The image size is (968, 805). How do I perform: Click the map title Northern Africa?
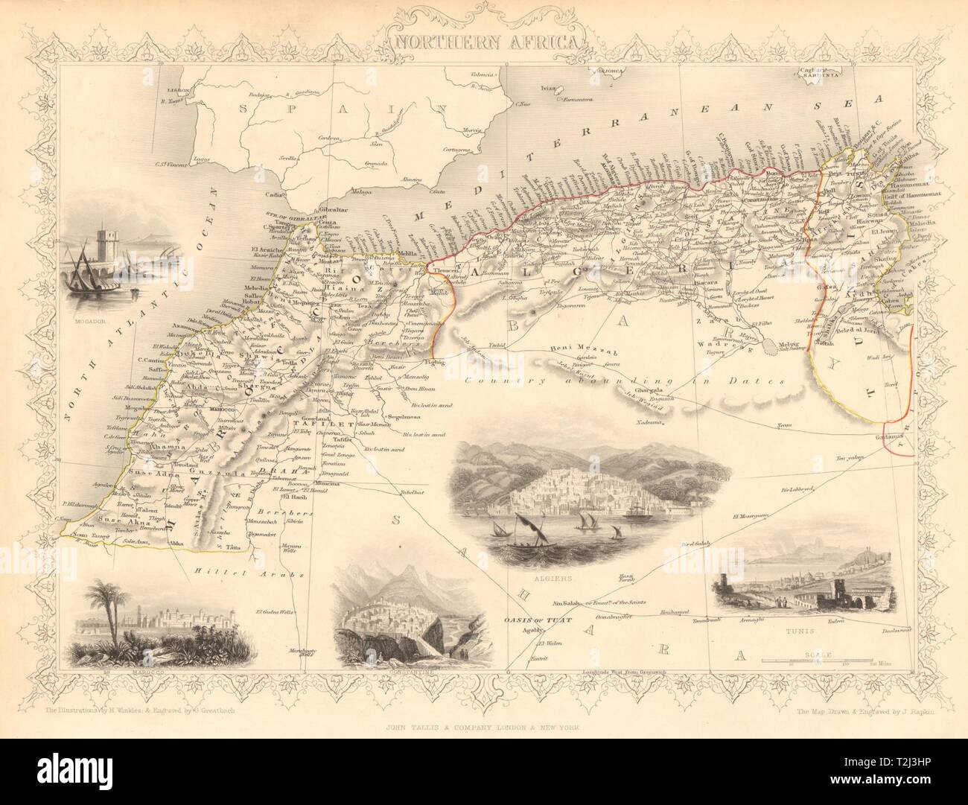click(x=483, y=40)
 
